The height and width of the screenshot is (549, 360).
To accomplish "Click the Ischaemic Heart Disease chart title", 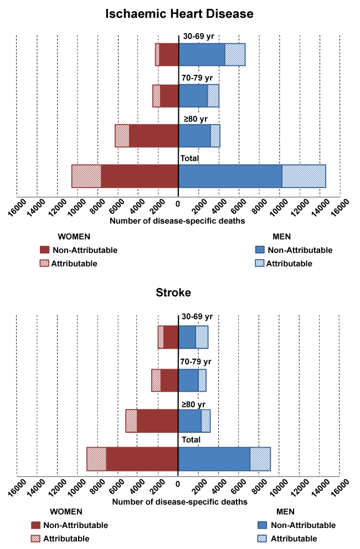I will click(180, 13).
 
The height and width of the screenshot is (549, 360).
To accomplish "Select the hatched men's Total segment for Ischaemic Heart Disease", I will click(304, 176).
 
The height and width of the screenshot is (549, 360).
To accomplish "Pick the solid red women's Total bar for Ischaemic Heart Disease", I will click(140, 176).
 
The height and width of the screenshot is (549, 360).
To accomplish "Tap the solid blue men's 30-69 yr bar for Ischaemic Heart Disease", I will click(202, 54).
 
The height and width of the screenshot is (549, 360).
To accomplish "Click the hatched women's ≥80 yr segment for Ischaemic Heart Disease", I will click(122, 136).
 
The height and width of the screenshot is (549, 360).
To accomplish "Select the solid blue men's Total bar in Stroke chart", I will click(214, 459).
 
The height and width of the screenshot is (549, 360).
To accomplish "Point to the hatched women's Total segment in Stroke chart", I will click(96, 459).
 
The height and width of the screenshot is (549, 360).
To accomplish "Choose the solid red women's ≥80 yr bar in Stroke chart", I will click(157, 421).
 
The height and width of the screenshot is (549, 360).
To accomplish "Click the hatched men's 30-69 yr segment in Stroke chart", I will click(202, 337).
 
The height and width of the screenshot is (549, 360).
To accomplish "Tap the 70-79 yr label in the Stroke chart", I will click(196, 362).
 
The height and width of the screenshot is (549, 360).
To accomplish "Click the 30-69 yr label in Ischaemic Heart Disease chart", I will click(196, 37).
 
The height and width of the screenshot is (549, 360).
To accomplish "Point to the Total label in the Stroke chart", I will click(189, 440).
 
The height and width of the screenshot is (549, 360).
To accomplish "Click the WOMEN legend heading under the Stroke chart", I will click(66, 511).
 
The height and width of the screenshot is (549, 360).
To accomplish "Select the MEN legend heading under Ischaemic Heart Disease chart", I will click(282, 237).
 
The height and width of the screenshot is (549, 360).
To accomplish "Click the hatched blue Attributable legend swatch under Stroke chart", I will click(263, 538).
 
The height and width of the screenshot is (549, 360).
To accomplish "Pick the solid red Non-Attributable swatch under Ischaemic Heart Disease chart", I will click(45, 250).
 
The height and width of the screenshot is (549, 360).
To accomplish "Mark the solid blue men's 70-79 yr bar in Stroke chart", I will click(188, 380).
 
